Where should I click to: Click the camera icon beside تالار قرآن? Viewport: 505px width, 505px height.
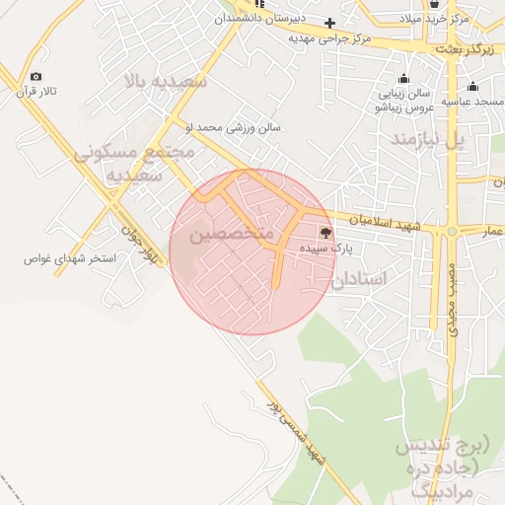tap(36, 77)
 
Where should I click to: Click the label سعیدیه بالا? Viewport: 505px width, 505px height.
tap(164, 81)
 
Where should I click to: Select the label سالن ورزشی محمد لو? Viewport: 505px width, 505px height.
tap(233, 127)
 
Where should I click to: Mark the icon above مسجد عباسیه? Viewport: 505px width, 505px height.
tap(473, 86)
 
